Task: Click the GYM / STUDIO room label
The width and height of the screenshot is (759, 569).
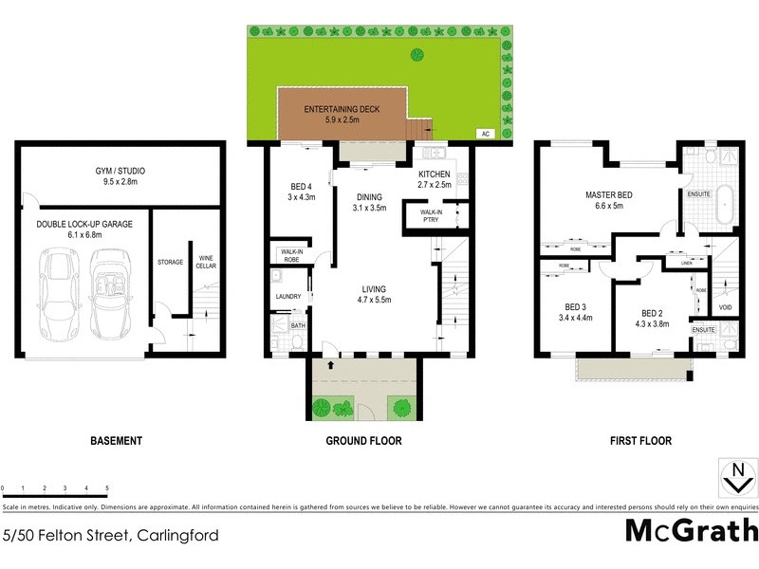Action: click(x=120, y=170)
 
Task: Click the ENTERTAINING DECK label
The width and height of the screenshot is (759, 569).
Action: click(x=342, y=110)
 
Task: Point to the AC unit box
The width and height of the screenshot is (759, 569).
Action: click(x=486, y=134)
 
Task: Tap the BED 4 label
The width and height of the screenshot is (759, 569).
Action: click(x=301, y=186)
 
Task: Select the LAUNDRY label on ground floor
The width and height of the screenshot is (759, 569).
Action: click(x=288, y=297)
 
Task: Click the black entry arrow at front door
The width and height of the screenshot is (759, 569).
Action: click(x=330, y=363)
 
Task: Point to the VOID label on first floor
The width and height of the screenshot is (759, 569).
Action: click(x=725, y=307)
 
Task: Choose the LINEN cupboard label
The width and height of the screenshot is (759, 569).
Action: click(x=686, y=263)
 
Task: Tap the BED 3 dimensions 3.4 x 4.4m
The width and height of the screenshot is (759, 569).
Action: click(x=577, y=318)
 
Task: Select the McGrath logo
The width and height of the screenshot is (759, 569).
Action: click(x=692, y=530)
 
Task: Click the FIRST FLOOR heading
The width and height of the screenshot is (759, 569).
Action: click(x=642, y=441)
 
